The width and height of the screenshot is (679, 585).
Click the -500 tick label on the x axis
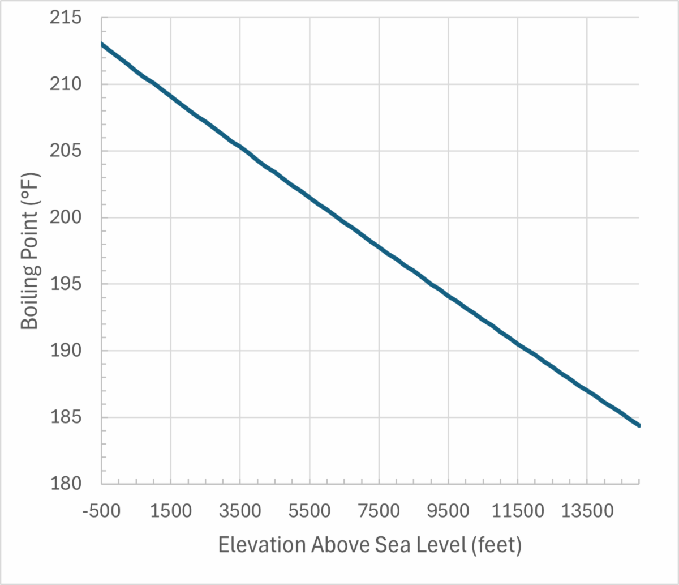(x=101, y=511)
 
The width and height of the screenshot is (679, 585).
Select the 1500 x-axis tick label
(x=171, y=511)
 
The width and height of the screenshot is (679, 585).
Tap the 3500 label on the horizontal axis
(x=240, y=511)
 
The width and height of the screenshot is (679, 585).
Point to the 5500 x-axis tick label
(x=310, y=511)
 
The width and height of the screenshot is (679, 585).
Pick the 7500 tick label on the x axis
(x=379, y=511)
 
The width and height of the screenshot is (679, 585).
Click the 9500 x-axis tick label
(x=448, y=511)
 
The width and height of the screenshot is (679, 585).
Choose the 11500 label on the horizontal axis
(x=517, y=511)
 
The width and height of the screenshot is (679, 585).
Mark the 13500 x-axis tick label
(x=587, y=511)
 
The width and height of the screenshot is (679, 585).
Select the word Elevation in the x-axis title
(x=261, y=545)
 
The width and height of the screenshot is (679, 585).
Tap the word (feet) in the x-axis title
(x=496, y=545)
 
